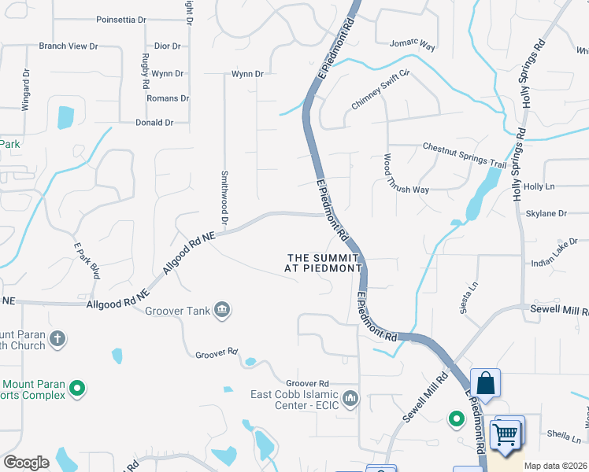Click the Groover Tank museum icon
[x=222, y=310]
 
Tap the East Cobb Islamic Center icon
[x=350, y=395]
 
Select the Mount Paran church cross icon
[x=57, y=339]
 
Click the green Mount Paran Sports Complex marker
[x=77, y=388]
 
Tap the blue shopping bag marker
[x=486, y=384]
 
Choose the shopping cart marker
[x=508, y=433]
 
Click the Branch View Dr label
[x=69, y=46]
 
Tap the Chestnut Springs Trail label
[x=465, y=155]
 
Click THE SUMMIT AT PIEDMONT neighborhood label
[x=323, y=263]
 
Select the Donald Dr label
[x=154, y=123]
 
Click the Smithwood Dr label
[x=224, y=198]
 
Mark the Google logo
[x=26, y=463]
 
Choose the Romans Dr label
[x=168, y=98]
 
